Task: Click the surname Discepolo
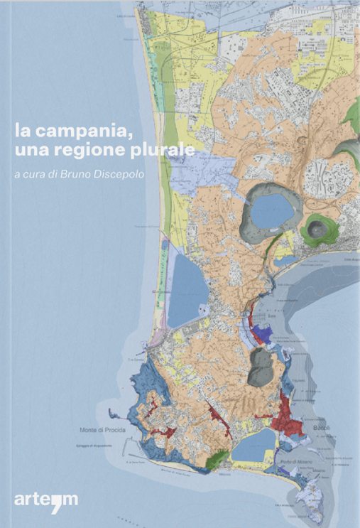129,175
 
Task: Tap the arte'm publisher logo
46,499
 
